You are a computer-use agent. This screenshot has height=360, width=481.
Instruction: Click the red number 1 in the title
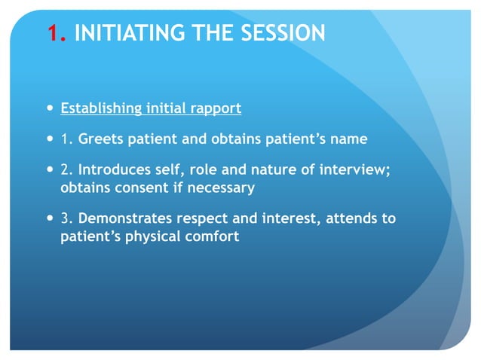(52, 33)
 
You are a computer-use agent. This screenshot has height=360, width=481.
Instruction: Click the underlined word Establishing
(100, 108)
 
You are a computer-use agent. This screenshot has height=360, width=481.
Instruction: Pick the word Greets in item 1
(102, 139)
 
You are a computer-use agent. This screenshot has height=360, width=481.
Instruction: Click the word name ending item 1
(349, 139)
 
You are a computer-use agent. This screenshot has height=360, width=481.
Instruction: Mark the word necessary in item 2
(219, 187)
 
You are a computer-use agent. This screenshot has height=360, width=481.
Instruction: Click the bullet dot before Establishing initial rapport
(50, 108)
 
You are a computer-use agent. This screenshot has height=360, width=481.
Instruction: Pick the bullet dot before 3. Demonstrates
(50, 218)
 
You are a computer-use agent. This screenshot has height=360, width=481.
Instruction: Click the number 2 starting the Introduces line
(65, 171)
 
